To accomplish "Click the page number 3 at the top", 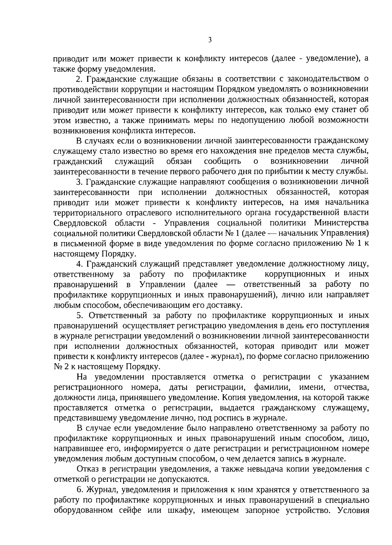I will pyautogui.click(x=210, y=40).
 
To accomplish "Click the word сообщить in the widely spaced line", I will pyautogui.click(x=222, y=161).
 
